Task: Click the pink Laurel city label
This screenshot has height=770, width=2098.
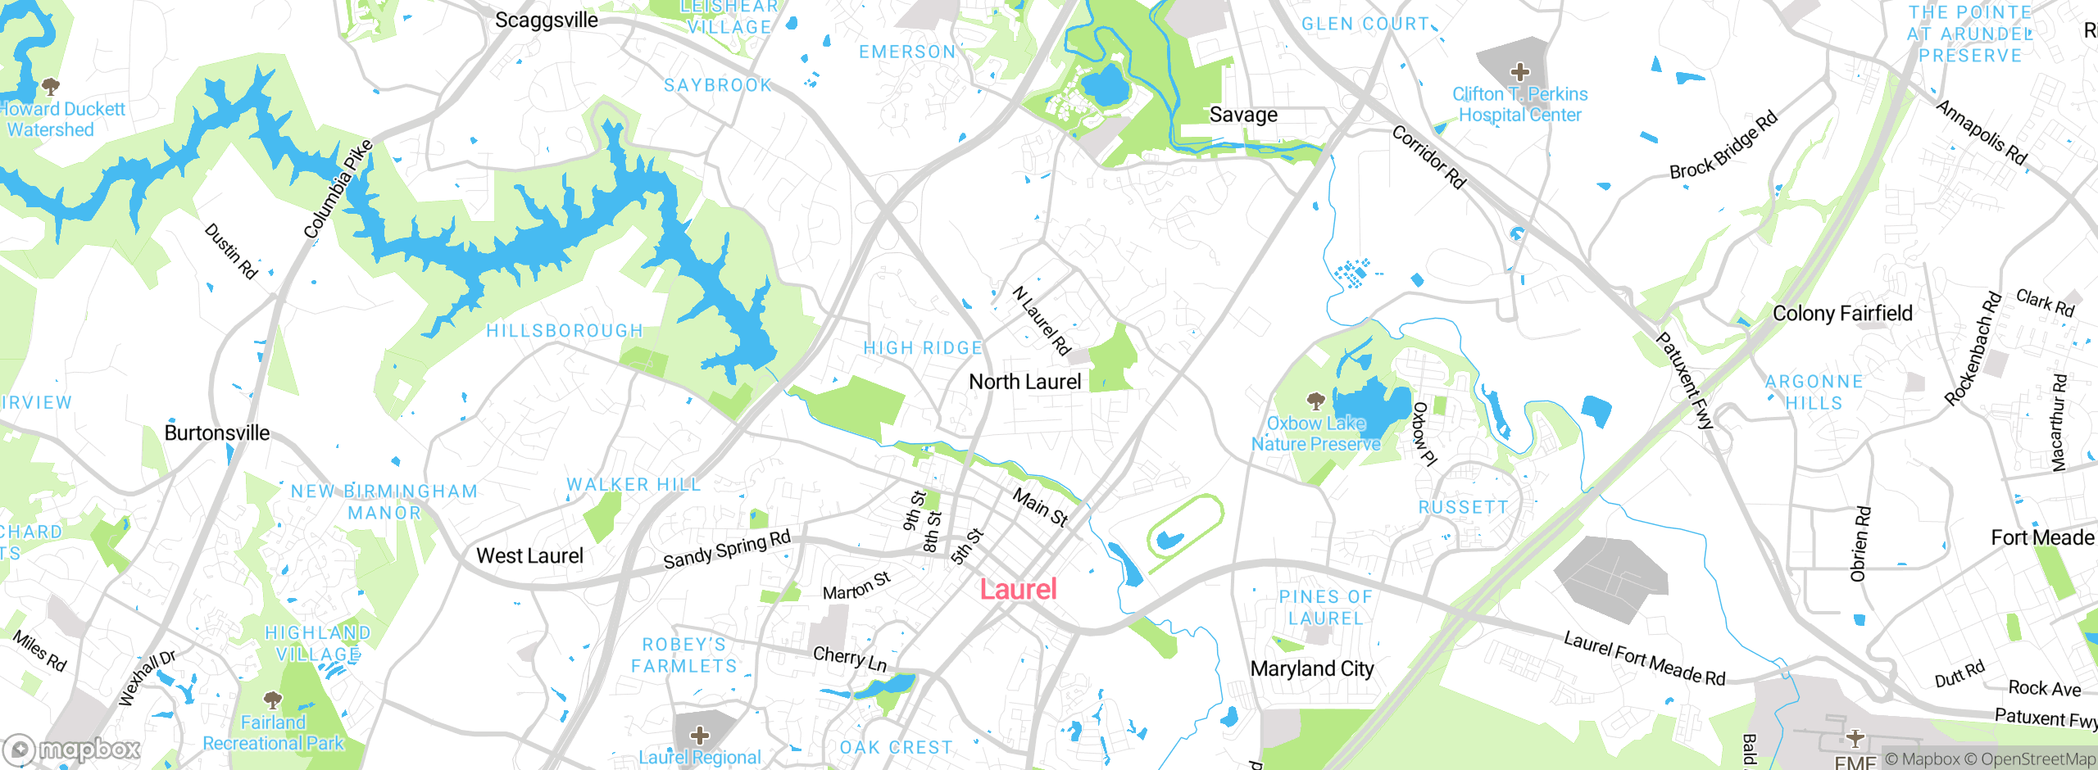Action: (1019, 589)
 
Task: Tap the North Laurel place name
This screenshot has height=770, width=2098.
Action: (1024, 382)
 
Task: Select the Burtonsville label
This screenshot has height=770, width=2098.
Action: (217, 433)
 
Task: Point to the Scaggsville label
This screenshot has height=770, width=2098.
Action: (547, 20)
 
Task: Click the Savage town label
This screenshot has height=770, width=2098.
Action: (1243, 115)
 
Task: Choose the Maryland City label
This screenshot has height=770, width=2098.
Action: (1312, 668)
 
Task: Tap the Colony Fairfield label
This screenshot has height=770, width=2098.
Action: (1842, 313)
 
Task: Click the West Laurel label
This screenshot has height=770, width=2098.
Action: (530, 555)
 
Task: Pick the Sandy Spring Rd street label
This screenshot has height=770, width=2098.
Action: (727, 550)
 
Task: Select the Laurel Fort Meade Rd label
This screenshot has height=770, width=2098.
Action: (1644, 658)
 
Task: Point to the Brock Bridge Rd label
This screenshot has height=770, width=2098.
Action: (1723, 145)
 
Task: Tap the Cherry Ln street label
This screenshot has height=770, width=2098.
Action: (850, 658)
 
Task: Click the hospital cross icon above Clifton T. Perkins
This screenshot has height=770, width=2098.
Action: (1520, 71)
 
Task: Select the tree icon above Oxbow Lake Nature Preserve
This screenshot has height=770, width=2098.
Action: (1316, 401)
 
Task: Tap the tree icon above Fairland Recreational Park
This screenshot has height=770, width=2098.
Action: (273, 700)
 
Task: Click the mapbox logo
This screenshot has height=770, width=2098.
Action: (71, 750)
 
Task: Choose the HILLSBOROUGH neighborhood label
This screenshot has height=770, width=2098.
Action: (565, 331)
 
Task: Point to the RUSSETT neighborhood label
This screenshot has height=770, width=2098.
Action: (1463, 508)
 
